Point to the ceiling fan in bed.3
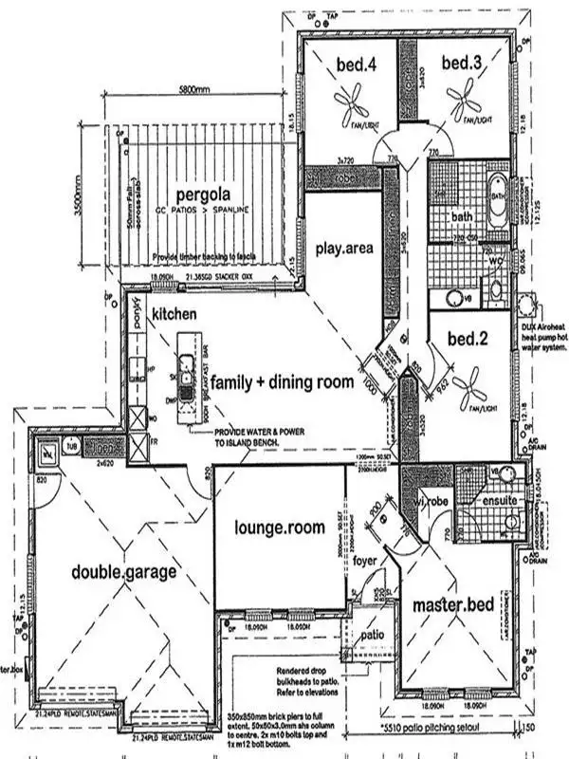pos(466,98)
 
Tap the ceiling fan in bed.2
pos(470,387)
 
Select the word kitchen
pos(174,313)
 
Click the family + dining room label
pos(282,382)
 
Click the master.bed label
pos(449,604)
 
